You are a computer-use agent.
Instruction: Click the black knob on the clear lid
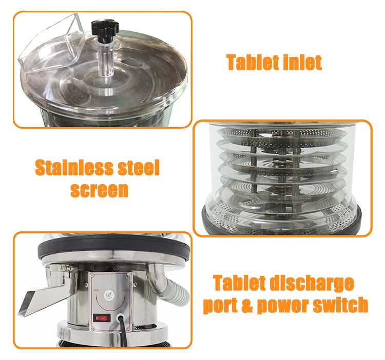[x=105, y=29]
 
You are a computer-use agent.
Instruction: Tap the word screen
[x=99, y=190]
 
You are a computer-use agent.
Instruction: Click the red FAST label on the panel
[x=97, y=290]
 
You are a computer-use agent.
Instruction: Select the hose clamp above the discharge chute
[x=63, y=270]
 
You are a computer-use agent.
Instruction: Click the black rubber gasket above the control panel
[x=114, y=248]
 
